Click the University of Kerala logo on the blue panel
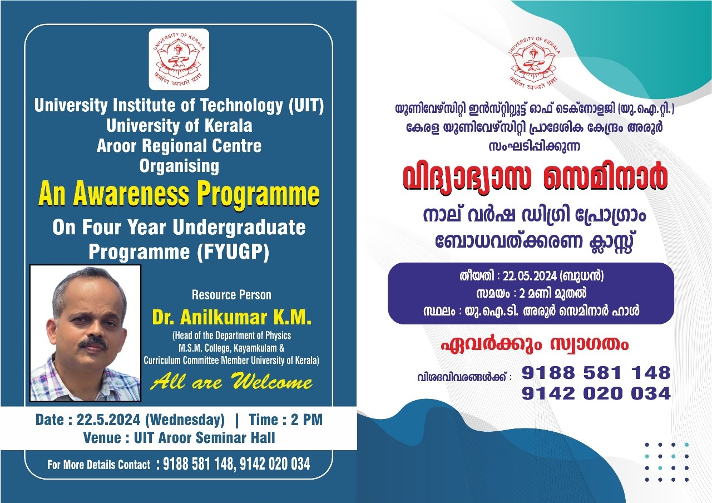point(179,60)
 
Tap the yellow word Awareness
point(131,194)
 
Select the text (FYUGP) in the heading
point(233,251)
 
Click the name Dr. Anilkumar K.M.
point(232,317)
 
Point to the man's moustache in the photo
point(93,343)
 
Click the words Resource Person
point(231,295)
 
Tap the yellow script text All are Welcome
point(231,381)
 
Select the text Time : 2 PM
point(286,420)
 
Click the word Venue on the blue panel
point(102,437)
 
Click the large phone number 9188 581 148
point(596,372)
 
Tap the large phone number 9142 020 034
point(596,393)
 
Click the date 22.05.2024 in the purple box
point(530,276)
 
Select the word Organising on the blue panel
point(179,166)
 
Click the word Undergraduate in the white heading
point(239,228)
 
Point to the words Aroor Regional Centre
point(179,146)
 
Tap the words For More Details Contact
point(99,465)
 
